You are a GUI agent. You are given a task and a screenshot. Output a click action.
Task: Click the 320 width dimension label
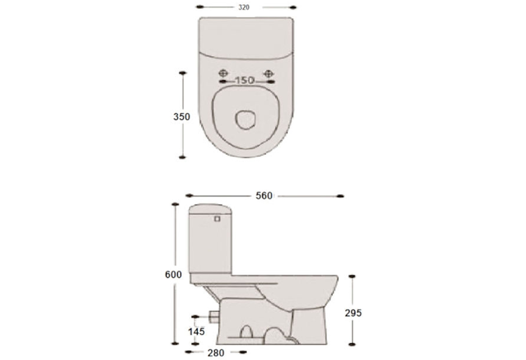244,7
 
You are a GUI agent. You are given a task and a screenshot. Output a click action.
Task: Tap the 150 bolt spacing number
245,81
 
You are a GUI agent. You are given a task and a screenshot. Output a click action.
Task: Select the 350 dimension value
181,117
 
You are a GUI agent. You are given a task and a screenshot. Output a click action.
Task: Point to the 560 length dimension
264,196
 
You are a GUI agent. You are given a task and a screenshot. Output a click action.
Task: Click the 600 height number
173,274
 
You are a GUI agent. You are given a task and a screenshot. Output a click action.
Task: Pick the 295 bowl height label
353,313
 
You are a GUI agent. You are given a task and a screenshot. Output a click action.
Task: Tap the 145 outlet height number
196,331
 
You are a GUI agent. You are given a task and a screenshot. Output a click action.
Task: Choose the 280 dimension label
216,353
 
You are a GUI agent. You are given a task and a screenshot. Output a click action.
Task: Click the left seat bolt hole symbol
223,73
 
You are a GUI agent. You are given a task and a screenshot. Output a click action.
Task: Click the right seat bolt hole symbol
268,74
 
